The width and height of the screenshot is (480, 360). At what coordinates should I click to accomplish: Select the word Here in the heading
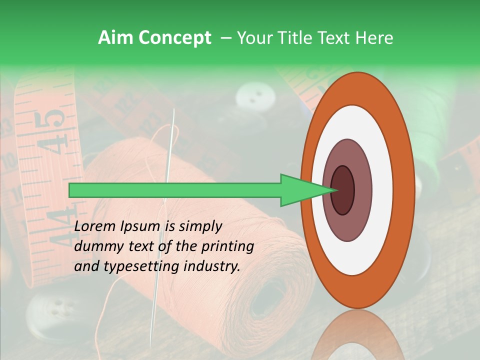coord(374,38)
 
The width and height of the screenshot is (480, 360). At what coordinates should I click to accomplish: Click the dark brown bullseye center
coord(342,190)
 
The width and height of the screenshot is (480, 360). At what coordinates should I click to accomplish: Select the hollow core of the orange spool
coord(270,300)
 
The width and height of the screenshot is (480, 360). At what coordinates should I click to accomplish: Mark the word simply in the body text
coord(200,226)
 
